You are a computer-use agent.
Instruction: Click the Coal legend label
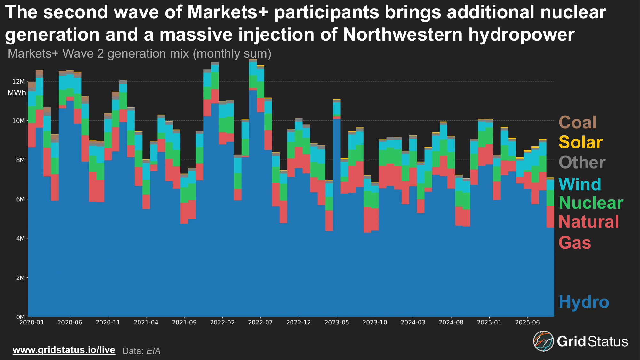click(x=577, y=122)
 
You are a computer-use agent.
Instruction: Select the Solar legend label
click(x=580, y=142)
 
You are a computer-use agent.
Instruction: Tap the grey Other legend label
click(x=582, y=163)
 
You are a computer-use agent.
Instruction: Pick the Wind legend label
click(x=580, y=184)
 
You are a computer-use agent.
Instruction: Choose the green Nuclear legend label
click(x=591, y=203)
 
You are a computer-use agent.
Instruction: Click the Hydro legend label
click(x=584, y=302)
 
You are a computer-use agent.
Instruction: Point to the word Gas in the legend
click(x=575, y=243)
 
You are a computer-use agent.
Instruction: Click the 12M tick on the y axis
click(x=19, y=82)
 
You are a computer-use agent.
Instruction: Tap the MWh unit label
click(x=17, y=93)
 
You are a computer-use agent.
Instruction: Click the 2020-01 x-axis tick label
click(x=31, y=322)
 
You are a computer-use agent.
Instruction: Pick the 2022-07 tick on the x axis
click(x=260, y=322)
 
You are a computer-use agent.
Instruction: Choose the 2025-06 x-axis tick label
click(x=527, y=322)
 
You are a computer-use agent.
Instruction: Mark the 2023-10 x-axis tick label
click(x=375, y=322)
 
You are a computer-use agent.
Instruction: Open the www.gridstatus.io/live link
click(x=64, y=350)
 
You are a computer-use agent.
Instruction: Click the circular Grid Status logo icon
click(x=543, y=341)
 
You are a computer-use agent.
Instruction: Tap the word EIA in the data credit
click(x=153, y=351)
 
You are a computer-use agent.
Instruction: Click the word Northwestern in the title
click(x=403, y=35)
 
